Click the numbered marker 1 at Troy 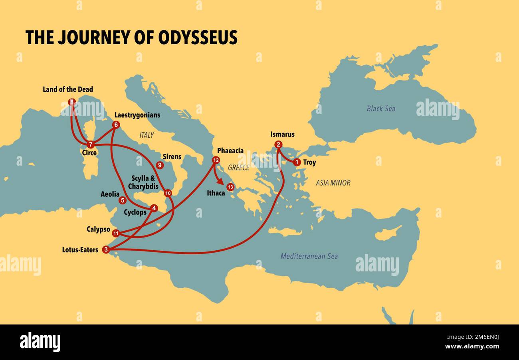(297, 162)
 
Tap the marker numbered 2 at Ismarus (278, 144)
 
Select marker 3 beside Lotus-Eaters (106, 250)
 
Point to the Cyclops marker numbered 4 (154, 208)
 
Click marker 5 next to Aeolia (123, 200)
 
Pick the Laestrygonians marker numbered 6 (116, 125)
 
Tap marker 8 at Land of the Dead (71, 102)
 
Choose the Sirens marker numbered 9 (160, 165)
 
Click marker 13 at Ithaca (230, 187)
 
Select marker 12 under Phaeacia (216, 160)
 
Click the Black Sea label (381, 109)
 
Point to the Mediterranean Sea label (309, 256)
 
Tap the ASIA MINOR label (333, 183)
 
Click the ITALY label (147, 135)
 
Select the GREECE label (238, 168)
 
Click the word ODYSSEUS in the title (198, 38)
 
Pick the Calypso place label (98, 229)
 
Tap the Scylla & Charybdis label (143, 182)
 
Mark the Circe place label (89, 153)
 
